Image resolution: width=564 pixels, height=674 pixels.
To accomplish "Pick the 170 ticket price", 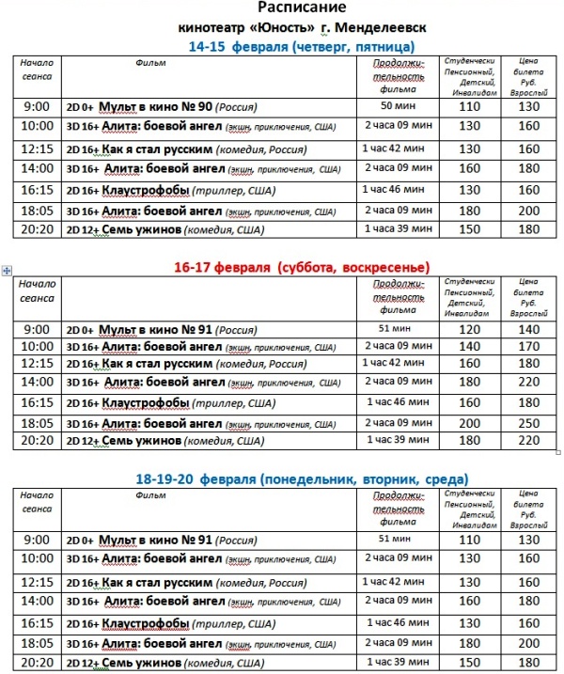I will click(x=529, y=348).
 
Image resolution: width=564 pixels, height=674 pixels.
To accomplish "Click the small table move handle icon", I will click(x=7, y=271).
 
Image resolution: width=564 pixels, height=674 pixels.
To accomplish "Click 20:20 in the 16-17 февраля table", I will click(x=38, y=441).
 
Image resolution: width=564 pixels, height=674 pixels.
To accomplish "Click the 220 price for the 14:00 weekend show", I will click(x=529, y=383).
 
